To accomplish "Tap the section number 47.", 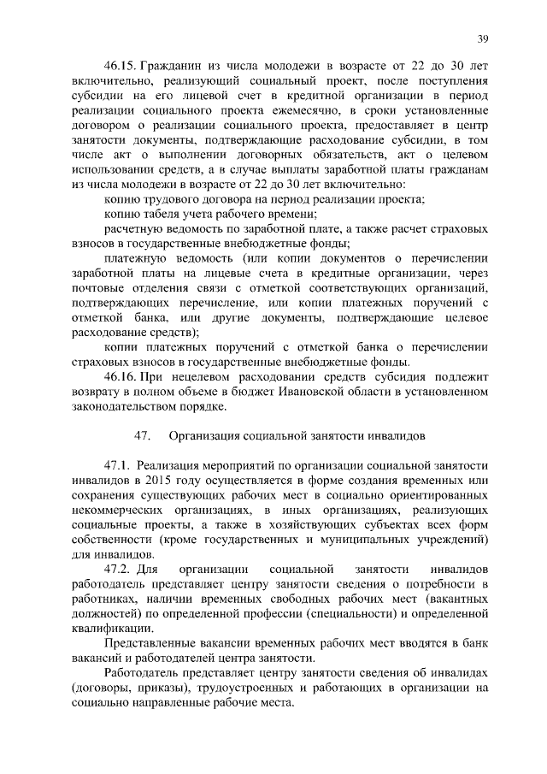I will coord(143,435).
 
